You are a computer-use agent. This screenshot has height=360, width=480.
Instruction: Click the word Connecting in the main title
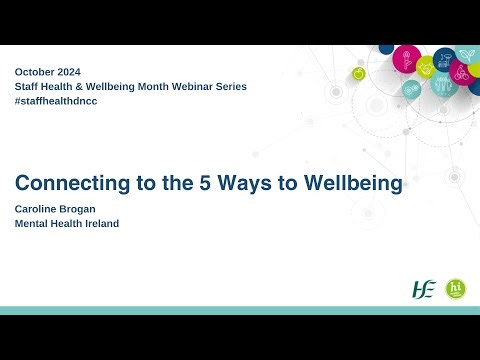tap(67, 185)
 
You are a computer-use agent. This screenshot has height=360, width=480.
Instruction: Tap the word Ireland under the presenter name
tap(101, 223)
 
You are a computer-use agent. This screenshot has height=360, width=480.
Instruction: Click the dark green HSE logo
tap(424, 289)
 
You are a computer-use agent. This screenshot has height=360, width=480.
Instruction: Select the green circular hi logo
tap(456, 289)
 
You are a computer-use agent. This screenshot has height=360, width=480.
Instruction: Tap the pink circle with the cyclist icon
tap(461, 72)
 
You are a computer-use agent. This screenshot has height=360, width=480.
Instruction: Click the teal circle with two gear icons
tap(411, 88)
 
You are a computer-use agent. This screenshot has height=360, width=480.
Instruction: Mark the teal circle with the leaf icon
tap(467, 51)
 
